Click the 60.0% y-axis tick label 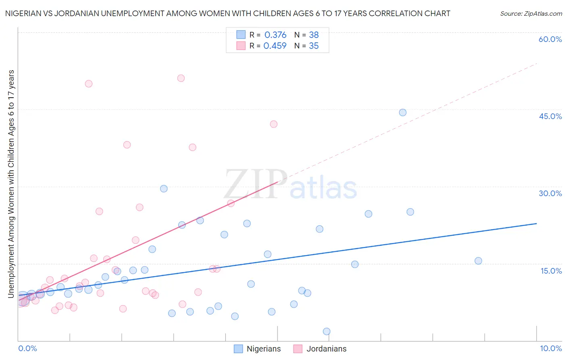[550, 39]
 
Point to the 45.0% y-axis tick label [550, 116]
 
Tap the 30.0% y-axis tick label [550, 193]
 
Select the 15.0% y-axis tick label [551, 271]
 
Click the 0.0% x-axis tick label [27, 348]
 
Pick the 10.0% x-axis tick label [550, 348]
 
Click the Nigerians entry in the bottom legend [263, 349]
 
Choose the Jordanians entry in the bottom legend [326, 349]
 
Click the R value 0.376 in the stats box [275, 35]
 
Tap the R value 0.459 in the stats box [275, 46]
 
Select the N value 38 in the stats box [314, 35]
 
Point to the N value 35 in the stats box [314, 46]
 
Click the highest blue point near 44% [402, 113]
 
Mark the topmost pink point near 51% [181, 78]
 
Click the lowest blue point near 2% [327, 331]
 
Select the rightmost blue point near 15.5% [478, 261]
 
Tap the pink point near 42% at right [274, 124]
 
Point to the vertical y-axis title [11, 184]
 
